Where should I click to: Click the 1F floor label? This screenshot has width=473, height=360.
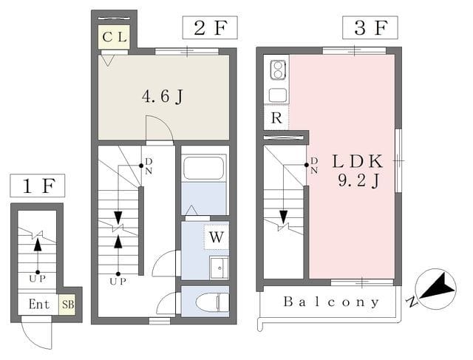[x=38, y=186]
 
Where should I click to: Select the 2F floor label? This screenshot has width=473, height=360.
[x=210, y=28]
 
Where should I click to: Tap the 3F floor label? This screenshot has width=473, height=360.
[x=370, y=28]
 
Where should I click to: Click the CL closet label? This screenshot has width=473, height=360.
[x=115, y=37]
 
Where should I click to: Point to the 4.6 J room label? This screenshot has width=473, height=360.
[x=163, y=97]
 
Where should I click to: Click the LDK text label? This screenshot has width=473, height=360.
[x=358, y=161]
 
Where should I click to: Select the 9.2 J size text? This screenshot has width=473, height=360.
[x=358, y=181]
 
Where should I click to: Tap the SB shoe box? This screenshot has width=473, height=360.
[x=68, y=304]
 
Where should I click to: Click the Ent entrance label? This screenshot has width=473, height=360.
[x=38, y=304]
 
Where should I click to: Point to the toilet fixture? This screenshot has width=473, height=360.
[x=212, y=302]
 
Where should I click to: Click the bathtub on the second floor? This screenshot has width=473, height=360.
[x=204, y=169]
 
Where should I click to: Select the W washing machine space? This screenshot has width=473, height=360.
[x=217, y=237]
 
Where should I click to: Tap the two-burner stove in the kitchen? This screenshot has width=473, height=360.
[x=278, y=70]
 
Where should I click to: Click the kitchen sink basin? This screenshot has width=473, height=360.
[x=278, y=95]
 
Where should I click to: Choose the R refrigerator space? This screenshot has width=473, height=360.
[x=276, y=118]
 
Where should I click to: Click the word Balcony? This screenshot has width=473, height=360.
[x=331, y=302]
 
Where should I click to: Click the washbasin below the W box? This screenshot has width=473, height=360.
[x=219, y=268]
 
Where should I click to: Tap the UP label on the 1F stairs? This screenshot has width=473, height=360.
[x=38, y=279]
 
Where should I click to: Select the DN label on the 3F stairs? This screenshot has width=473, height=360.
[x=314, y=165]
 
